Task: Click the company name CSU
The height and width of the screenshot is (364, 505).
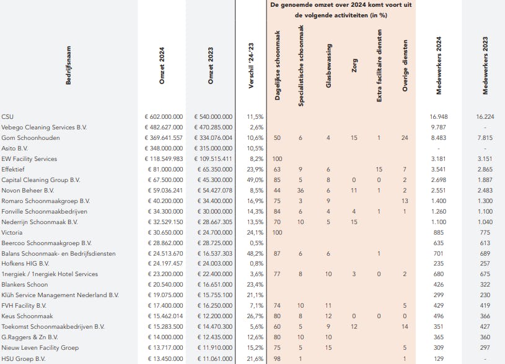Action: pyautogui.click(x=7, y=116)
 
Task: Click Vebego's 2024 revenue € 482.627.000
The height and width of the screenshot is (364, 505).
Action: pyautogui.click(x=164, y=127)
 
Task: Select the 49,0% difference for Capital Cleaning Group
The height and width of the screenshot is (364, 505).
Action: pyautogui.click(x=255, y=180)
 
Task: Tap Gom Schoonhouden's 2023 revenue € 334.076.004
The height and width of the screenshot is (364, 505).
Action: pyautogui.click(x=213, y=137)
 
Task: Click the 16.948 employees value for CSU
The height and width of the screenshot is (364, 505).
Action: pyautogui.click(x=439, y=116)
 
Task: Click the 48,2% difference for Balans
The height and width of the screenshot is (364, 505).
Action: pyautogui.click(x=255, y=253)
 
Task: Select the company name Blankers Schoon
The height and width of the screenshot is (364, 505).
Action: pyautogui.click(x=25, y=285)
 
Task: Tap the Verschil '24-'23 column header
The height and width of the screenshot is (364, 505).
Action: pyautogui.click(x=251, y=66)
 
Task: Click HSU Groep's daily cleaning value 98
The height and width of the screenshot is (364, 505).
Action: pyautogui.click(x=277, y=358)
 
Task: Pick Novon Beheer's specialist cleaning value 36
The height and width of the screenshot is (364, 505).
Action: pyautogui.click(x=301, y=190)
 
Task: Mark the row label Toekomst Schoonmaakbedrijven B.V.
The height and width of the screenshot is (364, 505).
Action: pyautogui.click(x=53, y=327)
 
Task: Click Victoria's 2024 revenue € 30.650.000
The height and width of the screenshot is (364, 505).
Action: pyautogui.click(x=164, y=232)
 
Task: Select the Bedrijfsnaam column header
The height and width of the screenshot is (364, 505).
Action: pyautogui.click(x=68, y=66)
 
